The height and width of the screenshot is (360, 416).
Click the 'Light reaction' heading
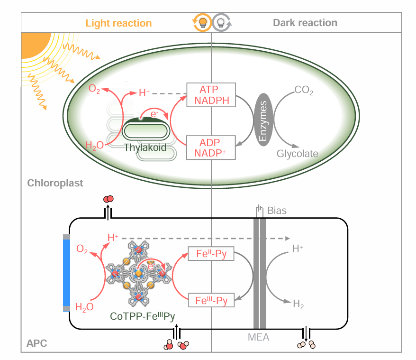[x=118, y=23]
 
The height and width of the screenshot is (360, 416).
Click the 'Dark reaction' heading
[x=305, y=23]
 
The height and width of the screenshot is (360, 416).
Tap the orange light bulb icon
[x=202, y=22]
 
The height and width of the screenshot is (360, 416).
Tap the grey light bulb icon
[x=221, y=22]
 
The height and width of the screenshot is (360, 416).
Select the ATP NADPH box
[x=211, y=95]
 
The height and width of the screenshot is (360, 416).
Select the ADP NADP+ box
[x=211, y=147]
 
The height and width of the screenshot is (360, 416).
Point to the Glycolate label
[x=297, y=154]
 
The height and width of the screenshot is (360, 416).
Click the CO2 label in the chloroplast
[x=304, y=90]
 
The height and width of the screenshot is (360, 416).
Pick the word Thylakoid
[x=145, y=148]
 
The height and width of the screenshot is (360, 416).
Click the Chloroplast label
[x=55, y=183]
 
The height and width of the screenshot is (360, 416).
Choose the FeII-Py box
[x=211, y=254]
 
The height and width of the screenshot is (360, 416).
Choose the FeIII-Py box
[x=211, y=300]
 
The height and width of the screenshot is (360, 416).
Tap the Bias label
[x=277, y=210]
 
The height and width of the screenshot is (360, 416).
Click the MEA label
[x=258, y=338]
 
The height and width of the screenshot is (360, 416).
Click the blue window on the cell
[x=66, y=273]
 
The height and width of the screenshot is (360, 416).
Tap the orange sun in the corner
[x=33, y=45]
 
